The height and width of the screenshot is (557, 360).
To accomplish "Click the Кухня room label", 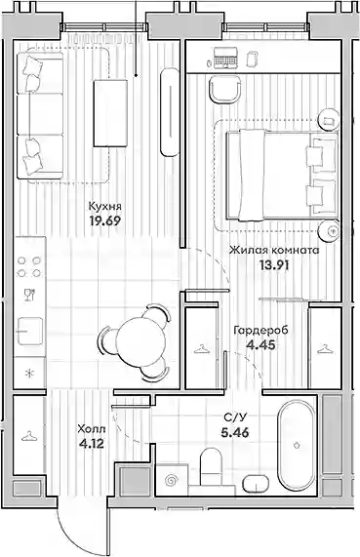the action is [x=104, y=207].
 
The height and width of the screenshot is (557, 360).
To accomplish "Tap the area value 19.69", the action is [x=105, y=221].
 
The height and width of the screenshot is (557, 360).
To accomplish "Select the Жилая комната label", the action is [x=274, y=251].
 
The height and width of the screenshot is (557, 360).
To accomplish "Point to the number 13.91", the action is [x=274, y=265].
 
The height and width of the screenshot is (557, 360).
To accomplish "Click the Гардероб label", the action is [x=260, y=331].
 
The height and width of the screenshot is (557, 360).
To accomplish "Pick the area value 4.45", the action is [x=260, y=344].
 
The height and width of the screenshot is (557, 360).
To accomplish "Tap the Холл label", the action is [x=92, y=429].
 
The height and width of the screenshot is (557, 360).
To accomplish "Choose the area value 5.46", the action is [x=234, y=433].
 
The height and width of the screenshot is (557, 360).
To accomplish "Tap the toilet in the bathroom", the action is [x=211, y=467].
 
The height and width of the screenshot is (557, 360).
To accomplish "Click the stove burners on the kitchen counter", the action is [x=29, y=266].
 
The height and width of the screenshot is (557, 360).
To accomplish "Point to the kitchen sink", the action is [x=30, y=331].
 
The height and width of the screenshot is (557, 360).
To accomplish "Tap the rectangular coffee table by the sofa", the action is [x=110, y=113].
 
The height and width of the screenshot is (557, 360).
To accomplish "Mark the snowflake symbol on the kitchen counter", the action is [x=29, y=374].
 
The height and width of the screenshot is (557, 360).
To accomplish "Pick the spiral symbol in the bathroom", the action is [x=172, y=481].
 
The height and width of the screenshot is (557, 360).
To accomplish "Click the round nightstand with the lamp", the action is [x=329, y=230].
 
